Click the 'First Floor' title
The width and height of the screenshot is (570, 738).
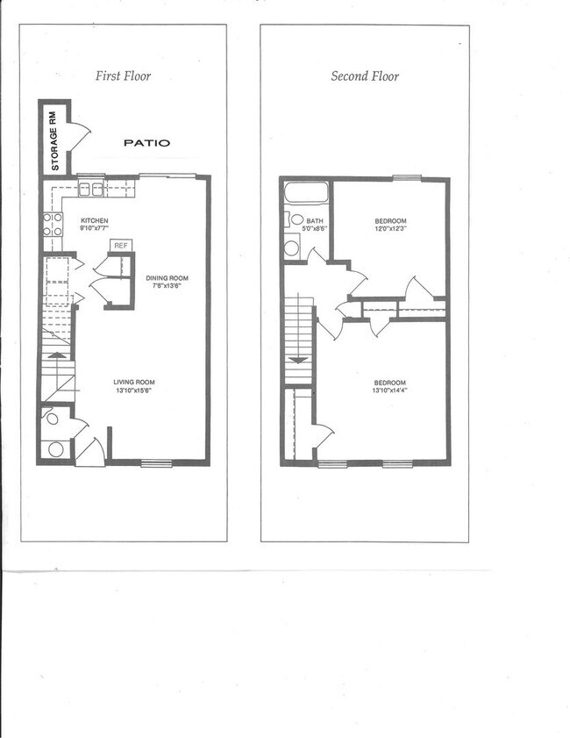click(x=123, y=76)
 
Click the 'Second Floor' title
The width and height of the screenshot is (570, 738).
click(x=365, y=76)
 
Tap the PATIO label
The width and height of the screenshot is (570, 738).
click(x=146, y=142)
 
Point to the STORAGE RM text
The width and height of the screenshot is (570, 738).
click(x=53, y=139)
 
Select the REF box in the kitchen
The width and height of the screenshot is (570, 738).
click(x=120, y=245)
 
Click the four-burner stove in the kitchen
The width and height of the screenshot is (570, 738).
click(x=53, y=225)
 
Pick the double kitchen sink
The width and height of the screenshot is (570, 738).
click(x=91, y=189)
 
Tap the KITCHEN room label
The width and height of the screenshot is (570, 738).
click(x=94, y=220)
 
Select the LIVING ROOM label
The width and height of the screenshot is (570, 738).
click(x=133, y=382)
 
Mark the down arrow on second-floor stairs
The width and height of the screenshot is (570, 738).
click(x=298, y=359)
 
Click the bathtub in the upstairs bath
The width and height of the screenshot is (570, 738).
click(x=305, y=192)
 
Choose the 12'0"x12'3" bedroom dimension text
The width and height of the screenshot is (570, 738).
click(x=390, y=230)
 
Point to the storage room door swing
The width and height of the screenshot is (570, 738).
click(x=79, y=137)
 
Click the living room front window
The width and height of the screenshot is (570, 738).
click(x=156, y=462)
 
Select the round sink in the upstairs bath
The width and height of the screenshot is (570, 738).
click(x=296, y=219)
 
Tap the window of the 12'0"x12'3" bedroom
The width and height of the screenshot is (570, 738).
click(x=406, y=178)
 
